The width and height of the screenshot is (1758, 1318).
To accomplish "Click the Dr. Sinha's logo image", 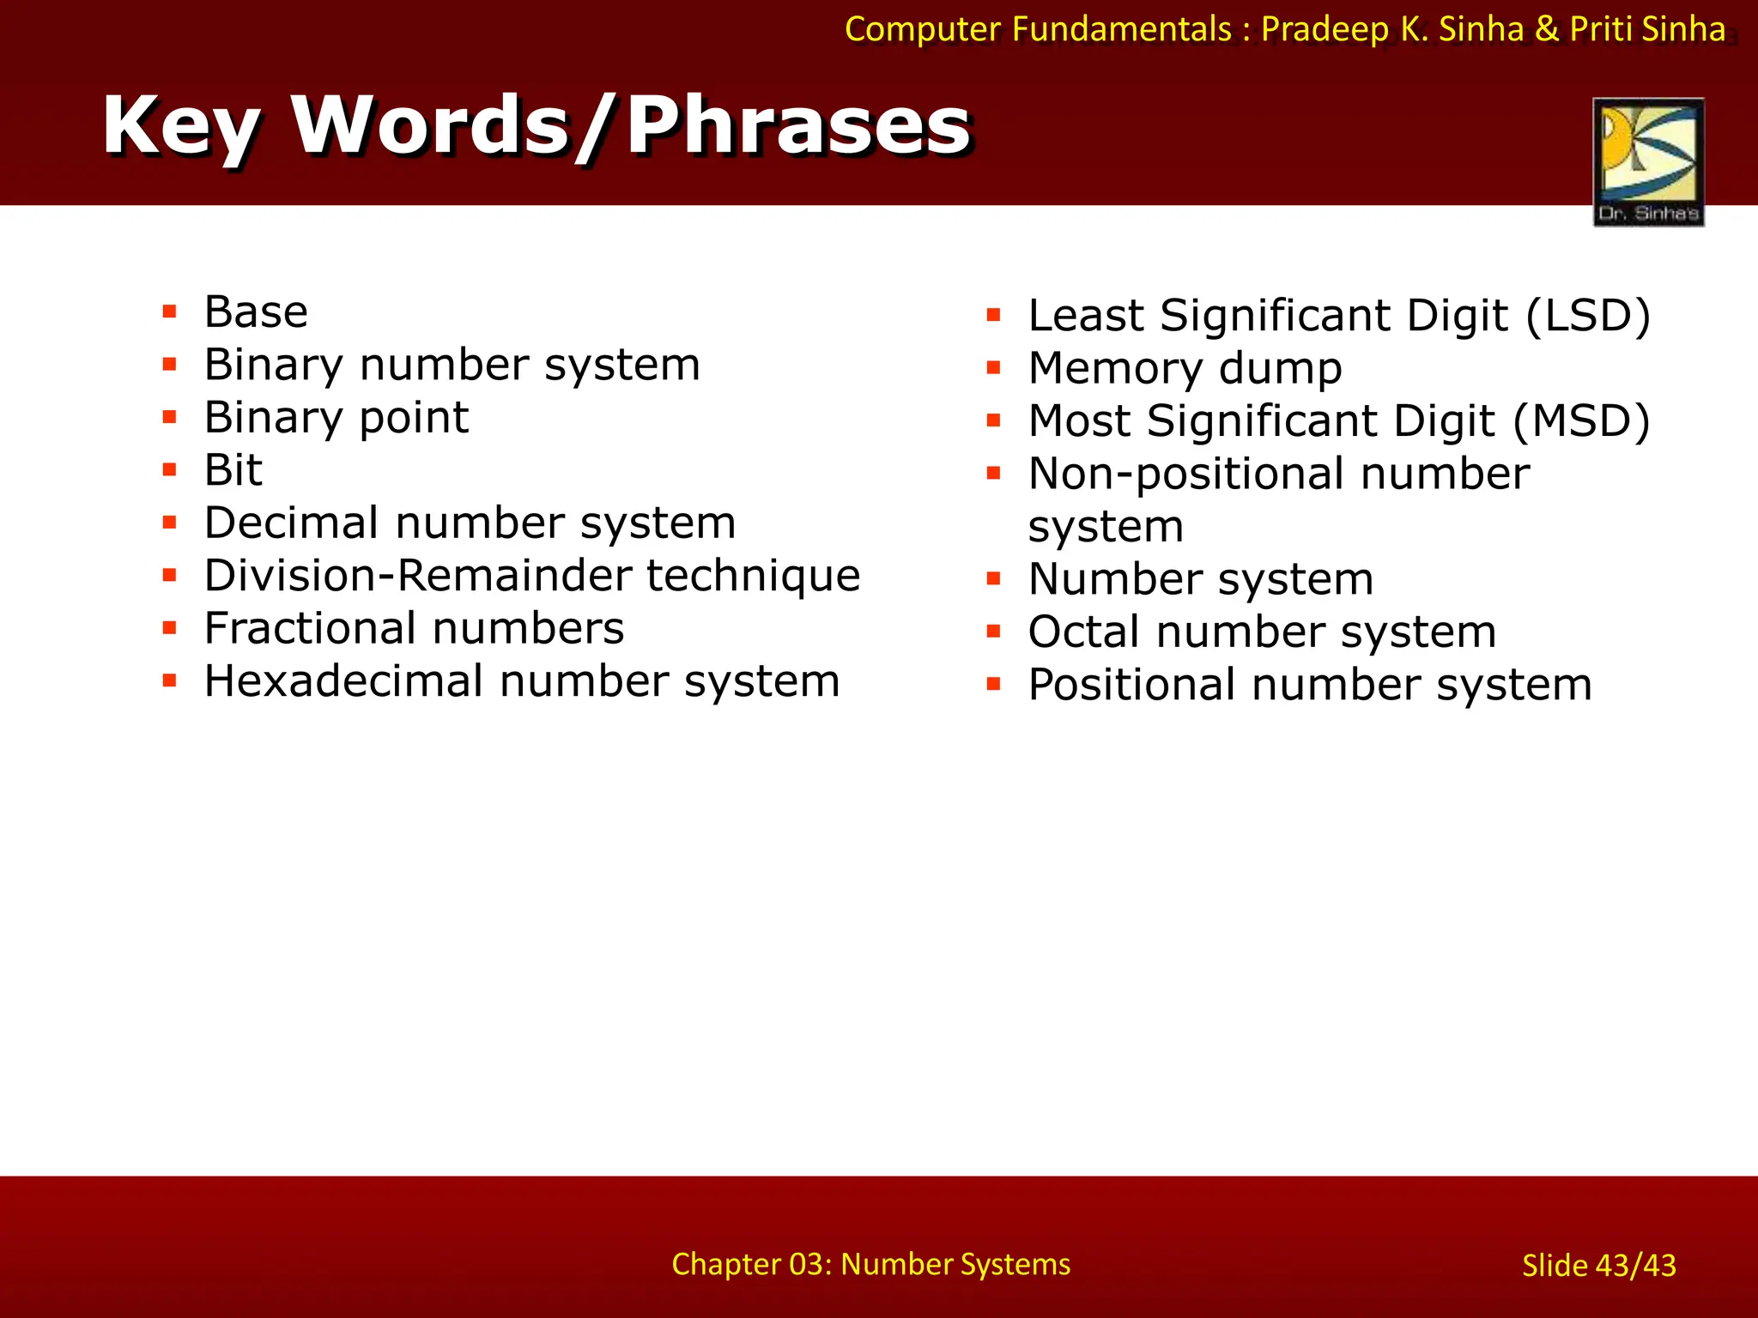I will click(x=1648, y=161).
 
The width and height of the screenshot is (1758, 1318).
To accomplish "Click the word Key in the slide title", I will click(x=181, y=126).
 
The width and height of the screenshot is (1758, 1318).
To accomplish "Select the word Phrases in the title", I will click(x=798, y=126).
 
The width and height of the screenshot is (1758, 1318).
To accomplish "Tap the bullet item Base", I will click(x=256, y=311).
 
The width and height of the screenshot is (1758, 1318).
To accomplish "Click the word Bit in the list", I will click(x=233, y=470).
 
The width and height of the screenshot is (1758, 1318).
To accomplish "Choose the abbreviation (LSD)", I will click(x=1588, y=316).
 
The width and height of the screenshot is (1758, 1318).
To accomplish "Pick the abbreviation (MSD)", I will click(x=1581, y=421).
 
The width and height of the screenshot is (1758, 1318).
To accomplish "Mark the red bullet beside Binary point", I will click(x=170, y=418).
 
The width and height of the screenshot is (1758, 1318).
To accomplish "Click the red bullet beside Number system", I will click(x=994, y=579).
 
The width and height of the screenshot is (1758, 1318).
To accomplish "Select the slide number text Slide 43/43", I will click(x=1598, y=1266).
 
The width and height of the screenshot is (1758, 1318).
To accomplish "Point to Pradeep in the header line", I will click(x=1325, y=29).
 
